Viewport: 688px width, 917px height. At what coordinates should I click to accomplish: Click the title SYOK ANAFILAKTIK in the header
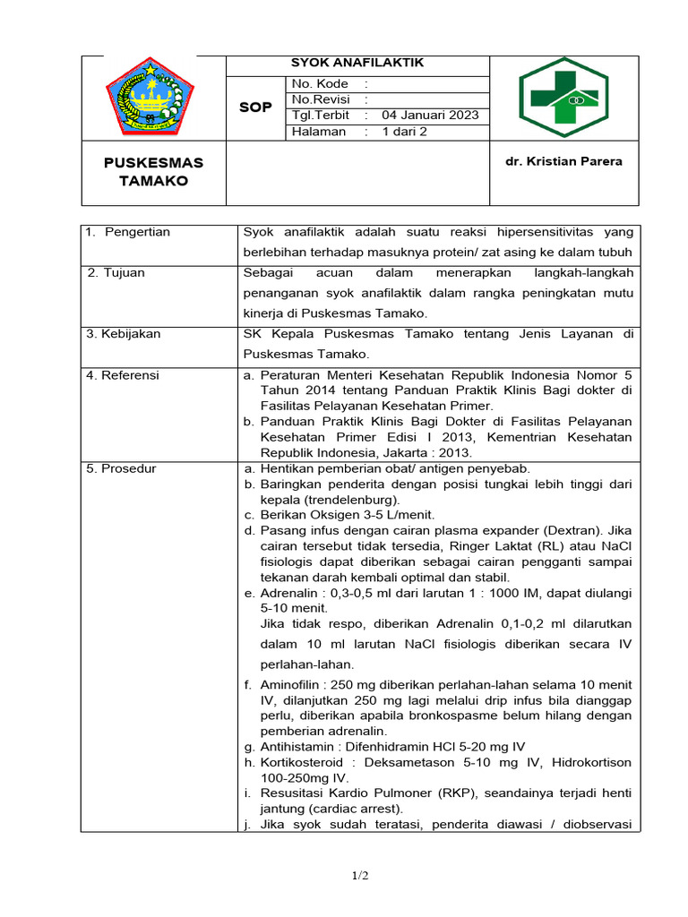pos(357,63)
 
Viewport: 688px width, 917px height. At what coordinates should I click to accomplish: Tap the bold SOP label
pos(254,107)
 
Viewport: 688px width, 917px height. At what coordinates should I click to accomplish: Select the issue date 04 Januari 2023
pos(430,116)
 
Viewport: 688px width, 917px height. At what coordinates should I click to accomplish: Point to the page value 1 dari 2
pos(405,132)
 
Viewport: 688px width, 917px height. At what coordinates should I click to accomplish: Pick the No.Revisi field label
pos(321,99)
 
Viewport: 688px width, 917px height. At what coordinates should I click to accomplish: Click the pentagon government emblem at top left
pos(150,97)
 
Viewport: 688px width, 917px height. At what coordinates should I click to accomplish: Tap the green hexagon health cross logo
pos(563,97)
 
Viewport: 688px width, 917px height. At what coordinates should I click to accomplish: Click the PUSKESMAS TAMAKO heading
pos(153,171)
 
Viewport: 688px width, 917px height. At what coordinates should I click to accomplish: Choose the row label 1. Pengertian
pos(128,232)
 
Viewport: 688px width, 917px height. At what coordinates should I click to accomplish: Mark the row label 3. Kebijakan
pos(124,333)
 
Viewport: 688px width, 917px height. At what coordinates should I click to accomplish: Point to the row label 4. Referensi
pos(123,375)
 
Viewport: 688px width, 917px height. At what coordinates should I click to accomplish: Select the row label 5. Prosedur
pos(122,468)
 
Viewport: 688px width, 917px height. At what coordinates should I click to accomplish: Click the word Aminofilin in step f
pos(292,683)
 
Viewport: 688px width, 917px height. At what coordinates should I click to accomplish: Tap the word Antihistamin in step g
pos(298,746)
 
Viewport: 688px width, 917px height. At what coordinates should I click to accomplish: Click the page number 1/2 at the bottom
pos(360,876)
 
